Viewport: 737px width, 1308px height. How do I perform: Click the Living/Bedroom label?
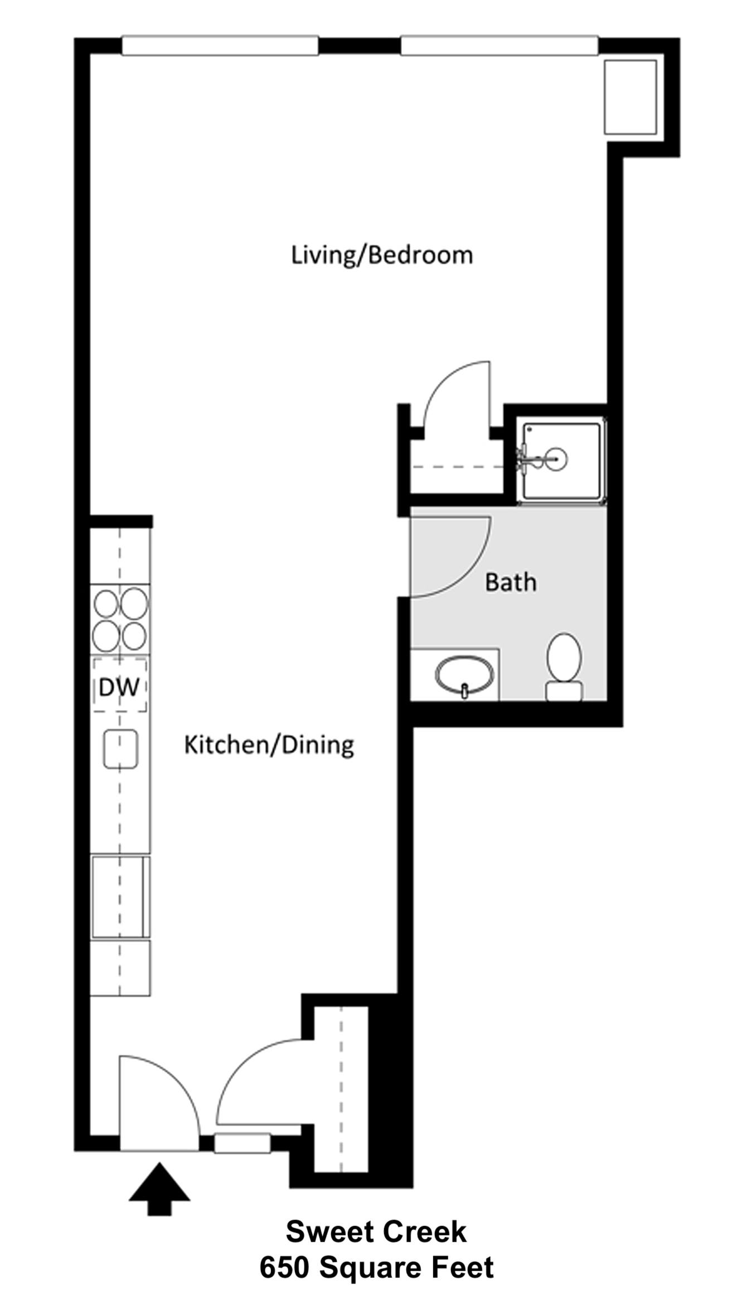point(382,255)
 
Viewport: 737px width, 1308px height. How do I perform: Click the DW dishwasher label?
point(119,687)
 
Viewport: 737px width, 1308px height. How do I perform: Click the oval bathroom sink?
point(464,675)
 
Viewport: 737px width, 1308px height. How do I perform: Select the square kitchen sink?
point(120,749)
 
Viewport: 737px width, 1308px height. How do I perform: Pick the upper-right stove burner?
point(134,603)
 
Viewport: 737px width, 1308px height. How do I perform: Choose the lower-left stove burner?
point(105,636)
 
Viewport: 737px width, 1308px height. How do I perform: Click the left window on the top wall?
point(220,46)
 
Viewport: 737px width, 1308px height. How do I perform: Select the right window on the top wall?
point(500,46)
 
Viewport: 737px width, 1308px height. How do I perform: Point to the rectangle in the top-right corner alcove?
point(631,97)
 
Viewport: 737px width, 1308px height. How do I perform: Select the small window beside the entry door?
point(243,1143)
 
